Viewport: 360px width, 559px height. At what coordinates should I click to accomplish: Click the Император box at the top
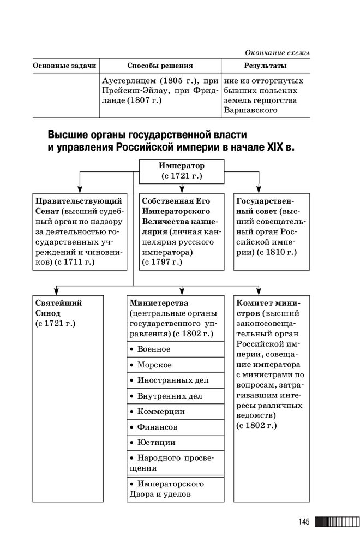(x=182, y=170)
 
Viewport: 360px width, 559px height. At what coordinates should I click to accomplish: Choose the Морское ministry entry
(x=154, y=365)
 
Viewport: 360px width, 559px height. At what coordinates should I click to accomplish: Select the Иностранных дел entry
(x=173, y=380)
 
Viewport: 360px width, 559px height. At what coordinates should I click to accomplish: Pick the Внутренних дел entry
(x=170, y=396)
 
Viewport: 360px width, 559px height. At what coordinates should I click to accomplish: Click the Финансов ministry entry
(x=157, y=427)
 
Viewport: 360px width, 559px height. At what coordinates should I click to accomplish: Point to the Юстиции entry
(x=156, y=443)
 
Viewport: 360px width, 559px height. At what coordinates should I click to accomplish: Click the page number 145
(x=304, y=522)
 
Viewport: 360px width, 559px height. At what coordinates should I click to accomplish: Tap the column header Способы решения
(x=160, y=66)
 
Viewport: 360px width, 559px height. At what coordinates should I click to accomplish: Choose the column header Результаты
(x=265, y=66)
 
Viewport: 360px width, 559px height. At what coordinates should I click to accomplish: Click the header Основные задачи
(x=64, y=66)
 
